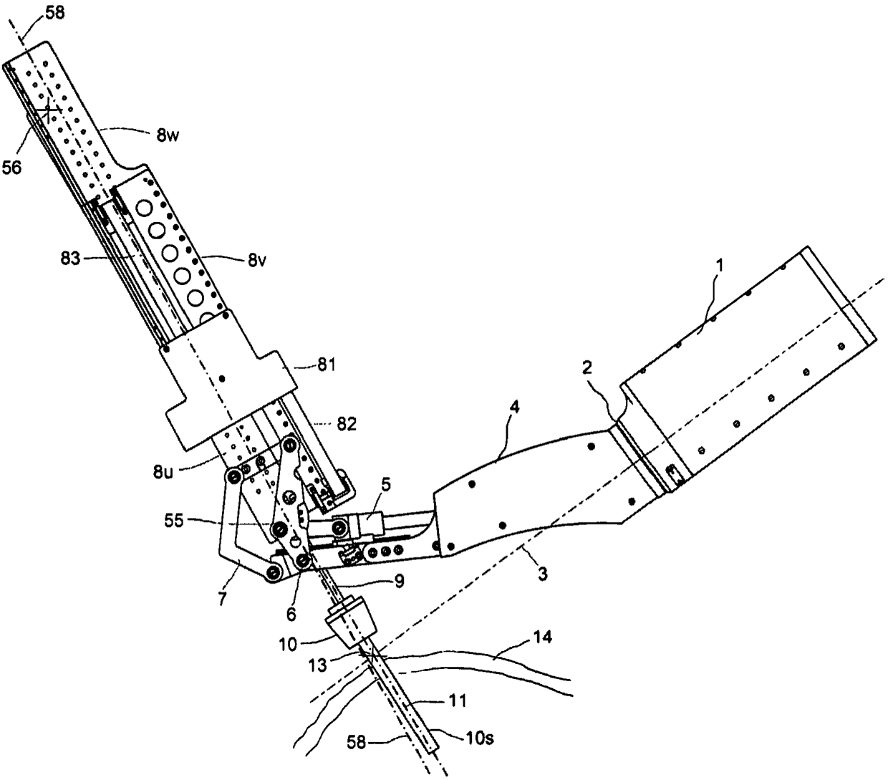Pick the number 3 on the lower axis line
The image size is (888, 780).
542,574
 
